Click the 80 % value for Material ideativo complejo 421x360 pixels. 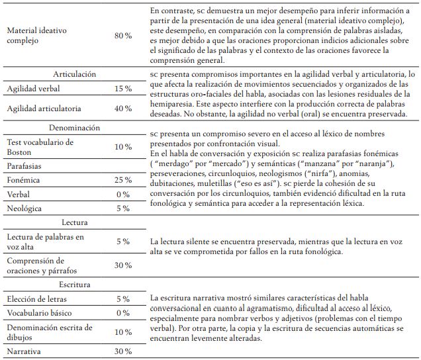pyautogui.click(x=123, y=35)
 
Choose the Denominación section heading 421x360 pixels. pyautogui.click(x=73, y=127)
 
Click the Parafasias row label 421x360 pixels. pyautogui.click(x=26, y=165)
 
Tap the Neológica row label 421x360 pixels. pyautogui.click(x=26, y=208)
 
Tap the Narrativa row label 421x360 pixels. pyautogui.click(x=24, y=352)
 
